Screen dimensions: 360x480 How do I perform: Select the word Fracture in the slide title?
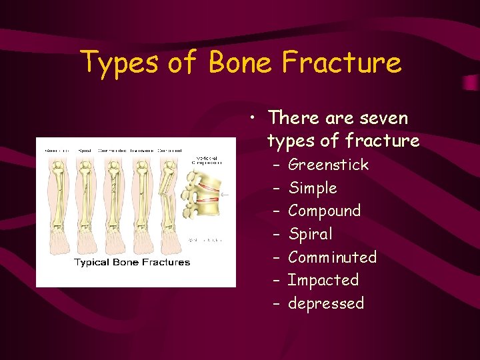[341, 62]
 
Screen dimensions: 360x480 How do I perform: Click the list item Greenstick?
[328, 165]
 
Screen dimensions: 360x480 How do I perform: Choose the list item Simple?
[313, 188]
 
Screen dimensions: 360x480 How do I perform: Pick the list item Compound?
[324, 211]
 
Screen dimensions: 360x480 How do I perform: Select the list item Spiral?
[310, 234]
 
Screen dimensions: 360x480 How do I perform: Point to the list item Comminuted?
[332, 257]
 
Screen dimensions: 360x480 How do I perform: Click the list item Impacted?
[323, 280]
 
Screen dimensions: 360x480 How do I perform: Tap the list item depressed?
[326, 303]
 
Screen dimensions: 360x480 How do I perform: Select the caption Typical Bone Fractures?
[132, 262]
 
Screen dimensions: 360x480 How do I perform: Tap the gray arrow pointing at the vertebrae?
[225, 195]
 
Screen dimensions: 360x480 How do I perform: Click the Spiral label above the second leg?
[84, 151]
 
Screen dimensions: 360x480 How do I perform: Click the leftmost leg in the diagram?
[55, 200]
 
